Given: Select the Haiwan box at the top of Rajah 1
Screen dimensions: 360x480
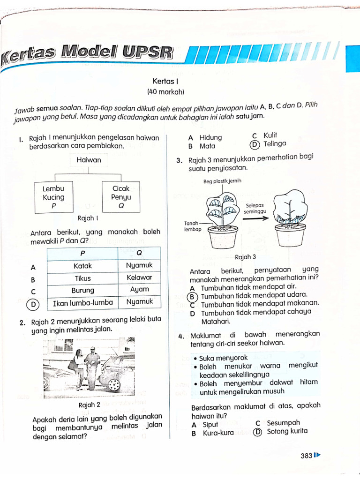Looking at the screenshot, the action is (x=89, y=160).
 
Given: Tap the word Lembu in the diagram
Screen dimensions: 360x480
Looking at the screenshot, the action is (x=53, y=188).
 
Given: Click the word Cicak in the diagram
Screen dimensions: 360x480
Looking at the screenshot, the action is (x=121, y=188).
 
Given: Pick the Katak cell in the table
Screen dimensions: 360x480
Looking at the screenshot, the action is (x=83, y=266).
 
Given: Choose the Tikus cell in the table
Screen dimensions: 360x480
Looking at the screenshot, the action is (x=83, y=278).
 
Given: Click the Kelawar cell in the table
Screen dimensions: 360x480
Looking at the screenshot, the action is (x=139, y=277).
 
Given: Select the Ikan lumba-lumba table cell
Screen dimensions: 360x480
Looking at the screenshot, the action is (x=83, y=303).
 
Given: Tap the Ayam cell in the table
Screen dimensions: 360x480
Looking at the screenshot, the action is (x=140, y=289).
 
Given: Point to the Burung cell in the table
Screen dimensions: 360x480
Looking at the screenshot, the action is (x=83, y=290).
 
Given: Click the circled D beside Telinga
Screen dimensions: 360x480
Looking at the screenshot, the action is (x=254, y=144).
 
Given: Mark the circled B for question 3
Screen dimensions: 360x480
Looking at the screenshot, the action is (x=191, y=296).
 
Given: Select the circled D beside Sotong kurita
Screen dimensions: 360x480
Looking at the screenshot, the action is (x=257, y=432).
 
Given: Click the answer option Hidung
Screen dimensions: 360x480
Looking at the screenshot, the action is (x=210, y=138).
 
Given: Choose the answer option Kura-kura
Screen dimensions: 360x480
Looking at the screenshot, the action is (x=218, y=433).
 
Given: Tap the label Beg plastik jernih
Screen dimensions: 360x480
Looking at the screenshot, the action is (x=222, y=181).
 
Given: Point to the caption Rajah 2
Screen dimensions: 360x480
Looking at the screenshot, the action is (x=90, y=405).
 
